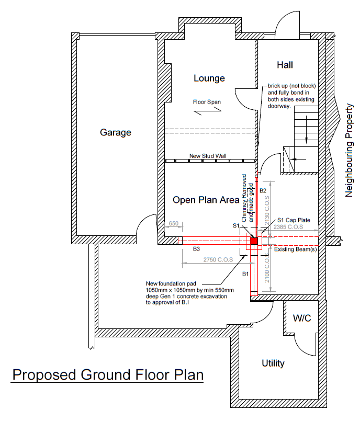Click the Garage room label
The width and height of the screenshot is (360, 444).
(116, 132)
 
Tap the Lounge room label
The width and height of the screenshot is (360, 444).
(209, 78)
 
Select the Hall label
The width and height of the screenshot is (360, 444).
(285, 65)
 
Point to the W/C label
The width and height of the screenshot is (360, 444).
(302, 318)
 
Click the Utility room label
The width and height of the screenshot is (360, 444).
(273, 363)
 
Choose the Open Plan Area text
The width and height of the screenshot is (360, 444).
(206, 200)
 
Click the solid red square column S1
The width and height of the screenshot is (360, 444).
(254, 241)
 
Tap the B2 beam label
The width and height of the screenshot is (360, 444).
(263, 190)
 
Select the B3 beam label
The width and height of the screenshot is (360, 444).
(196, 249)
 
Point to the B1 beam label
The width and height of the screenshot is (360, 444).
(245, 274)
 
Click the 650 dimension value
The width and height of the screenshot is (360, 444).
(174, 223)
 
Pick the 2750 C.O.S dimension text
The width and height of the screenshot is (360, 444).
(218, 260)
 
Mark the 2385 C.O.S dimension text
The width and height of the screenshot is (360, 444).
(288, 227)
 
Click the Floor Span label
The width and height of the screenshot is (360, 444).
(207, 102)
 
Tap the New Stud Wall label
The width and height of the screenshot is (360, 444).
(208, 156)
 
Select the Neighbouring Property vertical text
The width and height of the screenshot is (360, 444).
(349, 150)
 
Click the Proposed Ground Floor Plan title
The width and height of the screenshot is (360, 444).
(108, 375)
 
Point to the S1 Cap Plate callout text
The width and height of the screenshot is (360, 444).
(294, 220)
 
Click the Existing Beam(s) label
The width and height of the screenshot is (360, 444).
(296, 249)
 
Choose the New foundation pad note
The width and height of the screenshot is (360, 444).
(189, 293)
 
